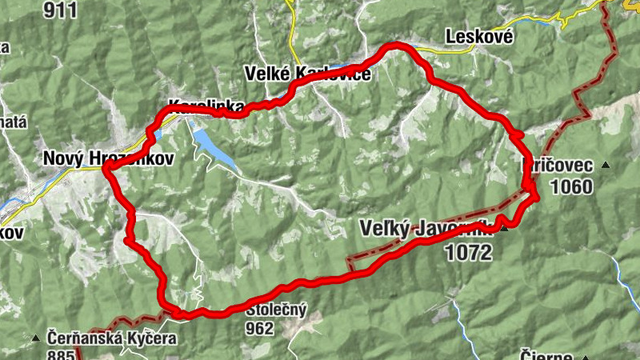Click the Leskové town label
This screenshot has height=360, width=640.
click(478, 37)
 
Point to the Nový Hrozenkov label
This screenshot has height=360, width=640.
click(108, 158)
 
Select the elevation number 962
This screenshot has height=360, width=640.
click(261, 328)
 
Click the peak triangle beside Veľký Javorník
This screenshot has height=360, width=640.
click(504, 229)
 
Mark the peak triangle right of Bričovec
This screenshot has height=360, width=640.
click(606, 166)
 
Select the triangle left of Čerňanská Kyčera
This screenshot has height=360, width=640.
click(36, 338)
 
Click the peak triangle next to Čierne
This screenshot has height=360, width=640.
click(585, 358)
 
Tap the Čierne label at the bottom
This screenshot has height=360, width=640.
click(545, 355)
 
